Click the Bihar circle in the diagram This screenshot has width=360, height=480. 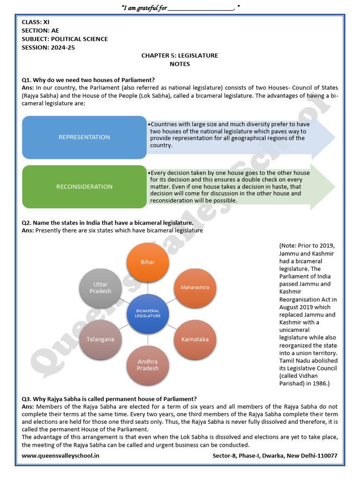click(x=148, y=262)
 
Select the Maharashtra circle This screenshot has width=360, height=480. click(x=195, y=287)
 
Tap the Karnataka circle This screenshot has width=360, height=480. click(x=195, y=339)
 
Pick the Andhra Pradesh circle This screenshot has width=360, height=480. click(x=148, y=365)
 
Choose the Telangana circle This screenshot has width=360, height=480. click(x=100, y=339)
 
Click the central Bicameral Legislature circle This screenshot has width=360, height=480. click(x=148, y=313)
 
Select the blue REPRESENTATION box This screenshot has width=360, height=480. click(x=84, y=137)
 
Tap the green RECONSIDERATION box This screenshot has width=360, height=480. click(x=84, y=187)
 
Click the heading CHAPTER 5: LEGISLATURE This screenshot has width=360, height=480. click(x=180, y=55)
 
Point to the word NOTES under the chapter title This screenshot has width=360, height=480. click(x=180, y=64)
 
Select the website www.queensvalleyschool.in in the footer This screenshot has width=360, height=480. click(x=60, y=456)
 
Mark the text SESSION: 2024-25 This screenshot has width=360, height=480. click(x=48, y=47)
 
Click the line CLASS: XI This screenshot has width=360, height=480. click(x=36, y=22)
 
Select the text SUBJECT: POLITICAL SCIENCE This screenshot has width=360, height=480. click(x=65, y=39)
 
